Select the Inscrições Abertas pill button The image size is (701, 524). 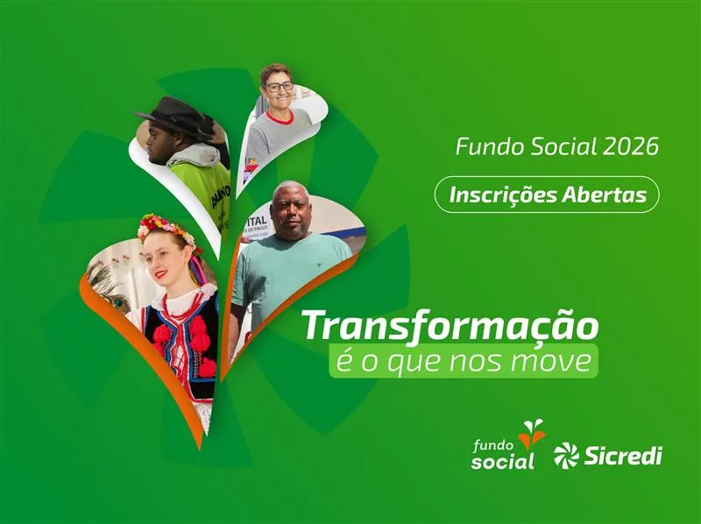click(547, 195)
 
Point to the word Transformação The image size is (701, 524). click(451, 325)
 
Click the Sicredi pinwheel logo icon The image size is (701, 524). click(566, 456)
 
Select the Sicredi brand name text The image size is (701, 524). click(622, 456)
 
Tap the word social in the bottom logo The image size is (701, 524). click(502, 461)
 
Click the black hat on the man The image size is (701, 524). click(176, 115)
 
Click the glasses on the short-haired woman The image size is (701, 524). click(279, 86)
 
